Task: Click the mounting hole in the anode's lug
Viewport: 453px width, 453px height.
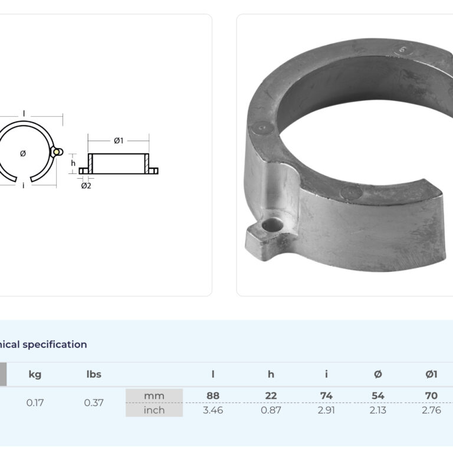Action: point(272,225)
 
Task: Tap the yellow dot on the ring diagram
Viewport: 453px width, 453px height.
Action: point(57,152)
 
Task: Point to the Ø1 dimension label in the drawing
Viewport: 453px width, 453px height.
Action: point(119,141)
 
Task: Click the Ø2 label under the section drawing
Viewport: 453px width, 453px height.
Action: point(86,186)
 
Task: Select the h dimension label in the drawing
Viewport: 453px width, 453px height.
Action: point(73,163)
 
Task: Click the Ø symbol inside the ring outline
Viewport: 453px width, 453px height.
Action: point(23,153)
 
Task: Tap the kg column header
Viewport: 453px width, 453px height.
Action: point(35,375)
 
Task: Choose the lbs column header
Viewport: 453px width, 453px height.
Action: point(94,374)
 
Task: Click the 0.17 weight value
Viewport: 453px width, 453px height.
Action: point(35,402)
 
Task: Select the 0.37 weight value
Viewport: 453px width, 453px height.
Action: point(94,402)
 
